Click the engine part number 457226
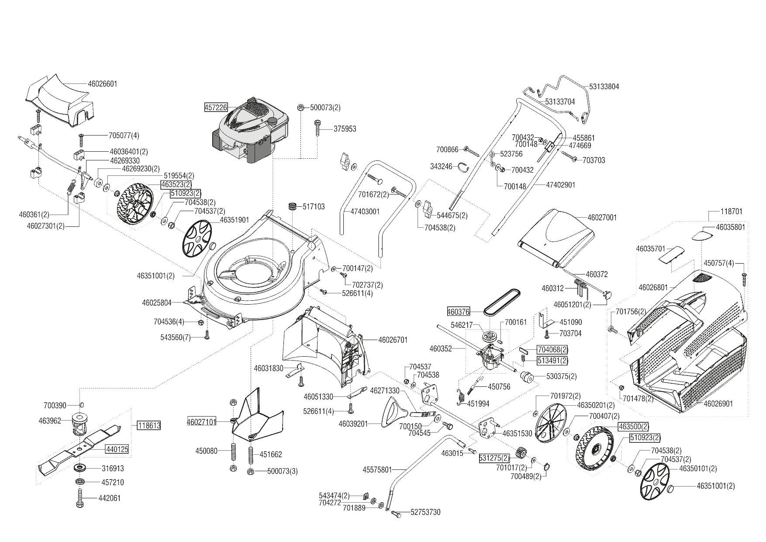coord(215,107)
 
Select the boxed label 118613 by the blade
coord(149,425)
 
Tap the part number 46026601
coord(103,83)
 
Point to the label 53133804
coord(604,87)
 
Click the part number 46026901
coord(718,403)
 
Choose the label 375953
coord(345,129)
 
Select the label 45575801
coord(377,470)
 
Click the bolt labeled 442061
coord(79,497)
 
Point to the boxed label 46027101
coord(201,422)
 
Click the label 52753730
coord(425,512)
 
